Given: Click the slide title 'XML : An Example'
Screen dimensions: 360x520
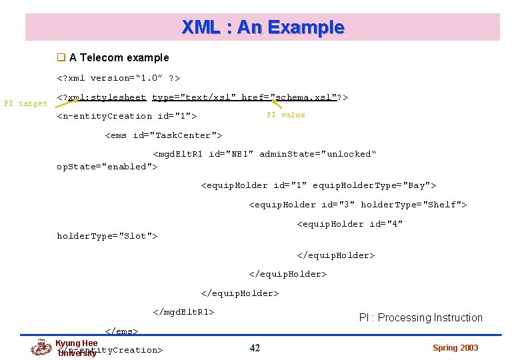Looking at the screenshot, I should click(x=263, y=27).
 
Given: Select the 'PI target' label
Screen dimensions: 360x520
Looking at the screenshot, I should click(x=25, y=103).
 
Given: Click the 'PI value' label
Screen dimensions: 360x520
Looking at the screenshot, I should click(x=285, y=115).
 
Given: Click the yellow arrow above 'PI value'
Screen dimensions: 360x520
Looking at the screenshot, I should click(x=275, y=103).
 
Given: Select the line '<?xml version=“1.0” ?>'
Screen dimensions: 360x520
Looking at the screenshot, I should click(x=118, y=78).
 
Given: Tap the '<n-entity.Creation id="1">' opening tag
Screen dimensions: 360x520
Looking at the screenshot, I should click(x=127, y=116).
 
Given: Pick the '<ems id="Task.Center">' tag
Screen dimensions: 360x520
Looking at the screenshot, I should click(x=163, y=135).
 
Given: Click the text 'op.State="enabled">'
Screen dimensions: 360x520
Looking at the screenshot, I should click(x=107, y=167).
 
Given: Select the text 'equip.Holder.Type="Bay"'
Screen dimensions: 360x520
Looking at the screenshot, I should click(x=374, y=185).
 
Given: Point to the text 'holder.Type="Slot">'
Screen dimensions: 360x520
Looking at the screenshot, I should click(x=107, y=236).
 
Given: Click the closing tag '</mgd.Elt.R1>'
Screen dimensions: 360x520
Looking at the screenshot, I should click(x=183, y=312).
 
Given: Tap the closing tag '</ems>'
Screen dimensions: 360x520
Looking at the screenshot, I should click(x=121, y=331).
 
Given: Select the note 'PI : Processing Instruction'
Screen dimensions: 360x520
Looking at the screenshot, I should click(x=421, y=318).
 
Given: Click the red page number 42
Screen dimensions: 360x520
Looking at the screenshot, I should click(x=255, y=348).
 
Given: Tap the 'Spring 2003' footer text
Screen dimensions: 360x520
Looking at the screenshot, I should click(x=455, y=348).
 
